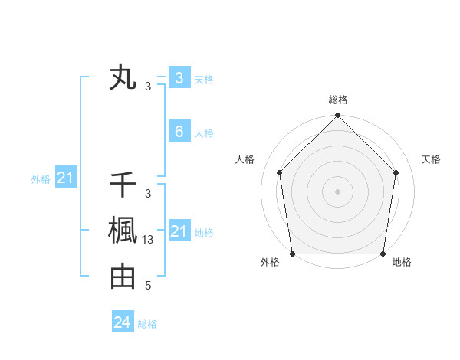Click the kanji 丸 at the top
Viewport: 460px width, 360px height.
(x=123, y=78)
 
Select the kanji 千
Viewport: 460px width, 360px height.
(x=123, y=185)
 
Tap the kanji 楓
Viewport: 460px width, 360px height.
(x=123, y=231)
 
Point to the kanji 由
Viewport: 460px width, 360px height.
(x=123, y=277)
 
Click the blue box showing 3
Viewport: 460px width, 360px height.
(x=179, y=77)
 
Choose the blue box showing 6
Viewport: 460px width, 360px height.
(x=179, y=132)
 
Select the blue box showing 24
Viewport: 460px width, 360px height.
(x=123, y=322)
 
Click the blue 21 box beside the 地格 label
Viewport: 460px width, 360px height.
(x=179, y=231)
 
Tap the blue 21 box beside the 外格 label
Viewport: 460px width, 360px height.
(x=66, y=178)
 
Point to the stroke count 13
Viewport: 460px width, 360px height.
(x=149, y=240)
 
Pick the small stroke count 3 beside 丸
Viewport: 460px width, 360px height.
(x=148, y=87)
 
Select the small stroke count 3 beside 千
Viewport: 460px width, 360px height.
(x=148, y=195)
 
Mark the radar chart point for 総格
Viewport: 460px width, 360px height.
(x=337, y=116)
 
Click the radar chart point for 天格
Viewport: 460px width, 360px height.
(x=396, y=172)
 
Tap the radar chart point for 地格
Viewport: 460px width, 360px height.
(x=383, y=253)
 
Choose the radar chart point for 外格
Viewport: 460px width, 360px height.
(x=292, y=253)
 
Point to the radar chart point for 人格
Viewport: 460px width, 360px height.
(x=279, y=172)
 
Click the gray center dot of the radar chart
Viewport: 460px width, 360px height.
(x=337, y=191)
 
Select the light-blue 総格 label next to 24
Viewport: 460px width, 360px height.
(x=147, y=324)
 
